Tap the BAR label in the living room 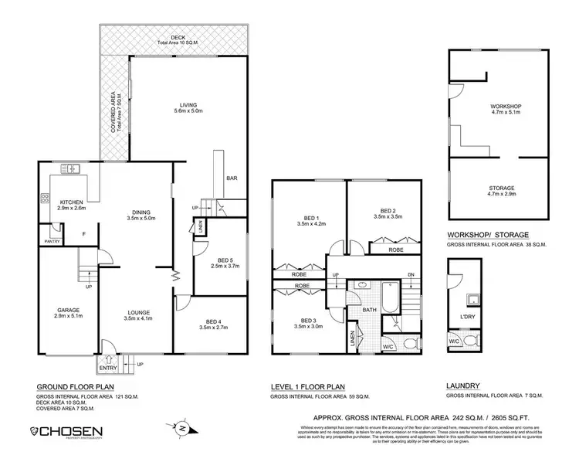tap(230, 178)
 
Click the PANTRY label tap(51, 242)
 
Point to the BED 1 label tap(307, 221)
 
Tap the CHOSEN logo tap(69, 431)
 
